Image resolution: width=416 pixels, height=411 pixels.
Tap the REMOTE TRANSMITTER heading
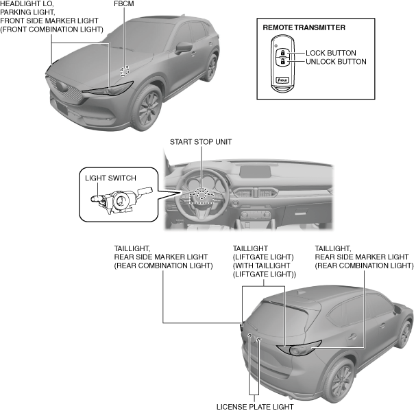pos(304,28)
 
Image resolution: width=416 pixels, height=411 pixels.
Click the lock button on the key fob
pos(281,52)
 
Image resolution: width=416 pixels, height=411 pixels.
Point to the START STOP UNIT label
pos(201,143)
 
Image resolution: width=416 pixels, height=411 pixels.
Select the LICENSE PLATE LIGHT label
pos(254,406)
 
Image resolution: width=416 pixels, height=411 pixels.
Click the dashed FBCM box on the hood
pos(124,71)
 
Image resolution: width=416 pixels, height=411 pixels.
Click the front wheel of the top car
pos(145,108)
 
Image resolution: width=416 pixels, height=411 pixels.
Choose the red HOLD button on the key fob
pos(281,80)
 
